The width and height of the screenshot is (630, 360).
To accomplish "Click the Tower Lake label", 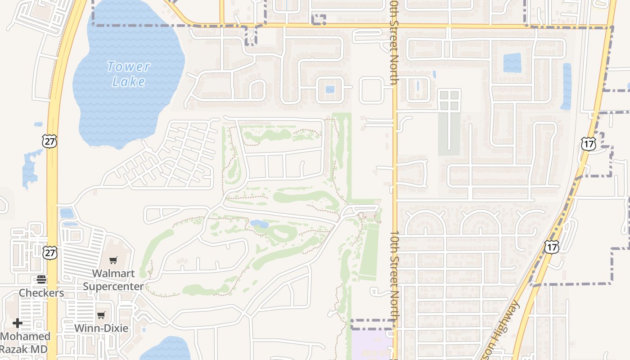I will pos(129,74).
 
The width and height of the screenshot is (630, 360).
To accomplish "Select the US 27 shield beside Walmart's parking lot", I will pos(50,252).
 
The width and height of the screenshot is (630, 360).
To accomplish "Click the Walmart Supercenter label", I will pos(113,279).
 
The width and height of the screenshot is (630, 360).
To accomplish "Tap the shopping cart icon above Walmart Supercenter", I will pos(113,260).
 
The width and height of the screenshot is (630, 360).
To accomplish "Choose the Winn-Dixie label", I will pos(101,328).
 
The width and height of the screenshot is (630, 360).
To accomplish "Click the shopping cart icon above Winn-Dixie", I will pos(101,315).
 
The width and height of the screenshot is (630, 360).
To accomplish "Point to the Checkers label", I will pos(41,293).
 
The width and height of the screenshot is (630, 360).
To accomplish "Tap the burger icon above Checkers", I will pos(41,279).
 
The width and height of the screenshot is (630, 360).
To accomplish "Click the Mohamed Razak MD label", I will pos(25,342).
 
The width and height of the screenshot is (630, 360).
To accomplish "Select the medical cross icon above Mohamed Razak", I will pos(18,323).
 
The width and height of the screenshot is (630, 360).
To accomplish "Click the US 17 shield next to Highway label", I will pos(551,247).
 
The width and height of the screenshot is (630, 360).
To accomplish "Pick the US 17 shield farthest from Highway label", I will pos(588,144).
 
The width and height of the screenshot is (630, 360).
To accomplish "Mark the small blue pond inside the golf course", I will pos(259,223).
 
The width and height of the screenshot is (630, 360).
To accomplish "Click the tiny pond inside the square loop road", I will pos(330,89).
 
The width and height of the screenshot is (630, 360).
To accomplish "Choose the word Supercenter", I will pos(113,286).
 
